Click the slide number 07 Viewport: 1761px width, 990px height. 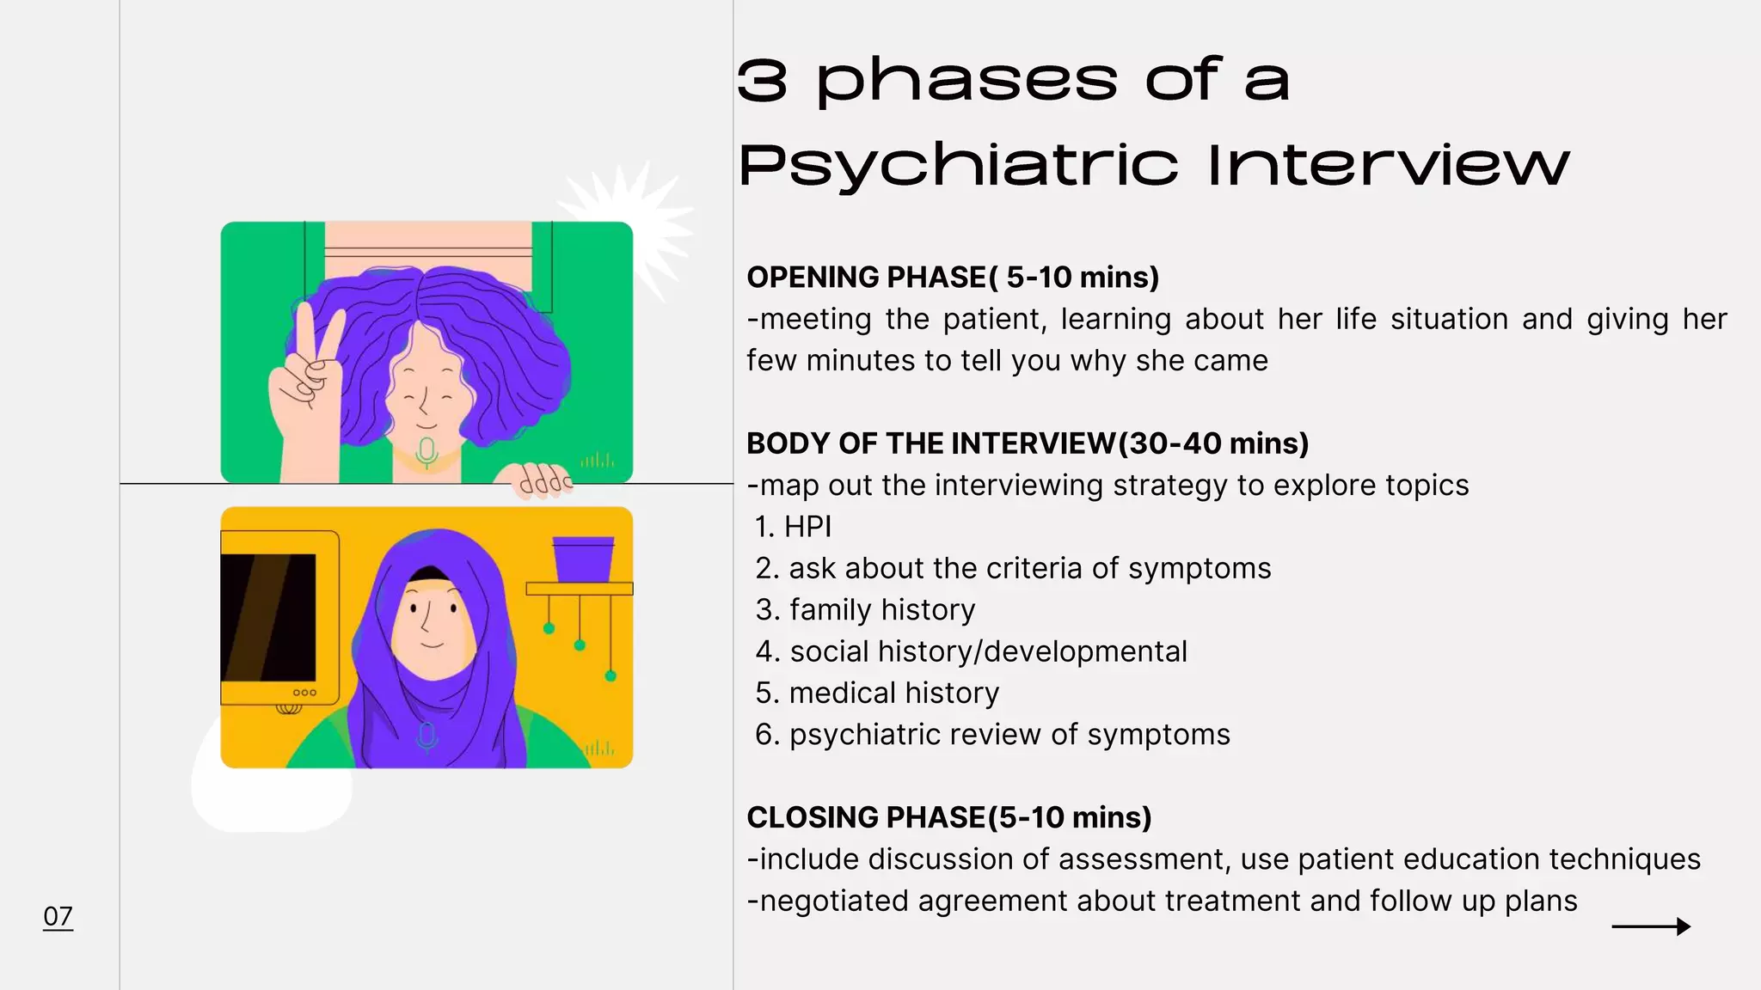click(58, 916)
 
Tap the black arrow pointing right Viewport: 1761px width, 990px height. click(1650, 926)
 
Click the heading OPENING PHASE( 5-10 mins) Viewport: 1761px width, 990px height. click(953, 278)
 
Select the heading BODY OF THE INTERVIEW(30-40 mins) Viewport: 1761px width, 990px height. click(1028, 443)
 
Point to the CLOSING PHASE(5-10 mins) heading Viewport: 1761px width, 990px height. click(948, 817)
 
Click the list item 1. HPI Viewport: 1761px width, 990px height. click(794, 527)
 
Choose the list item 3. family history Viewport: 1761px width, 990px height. click(865, 610)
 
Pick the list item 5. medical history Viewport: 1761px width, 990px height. click(877, 694)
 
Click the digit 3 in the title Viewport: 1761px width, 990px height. click(762, 82)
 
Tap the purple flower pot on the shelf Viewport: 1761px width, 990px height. click(583, 559)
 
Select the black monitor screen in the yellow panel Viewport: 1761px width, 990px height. click(268, 617)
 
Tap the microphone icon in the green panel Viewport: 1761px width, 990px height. click(426, 452)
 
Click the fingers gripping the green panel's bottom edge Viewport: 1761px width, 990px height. click(543, 481)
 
